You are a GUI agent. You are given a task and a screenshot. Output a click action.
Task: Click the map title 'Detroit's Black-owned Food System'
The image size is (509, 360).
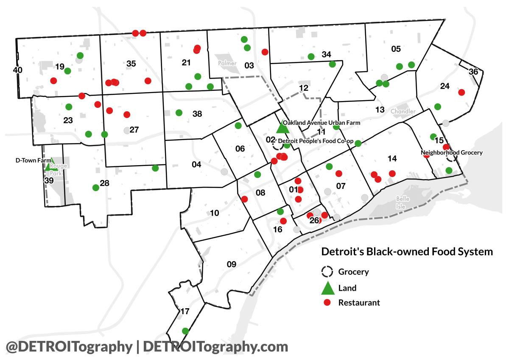coord(407,252)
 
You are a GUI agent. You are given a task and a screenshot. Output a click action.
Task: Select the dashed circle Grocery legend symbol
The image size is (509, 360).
coord(327,272)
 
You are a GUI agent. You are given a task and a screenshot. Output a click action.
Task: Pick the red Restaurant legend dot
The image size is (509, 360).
coord(327,303)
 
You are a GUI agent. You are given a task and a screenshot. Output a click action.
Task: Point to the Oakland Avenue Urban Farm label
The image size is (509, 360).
coord(322,123)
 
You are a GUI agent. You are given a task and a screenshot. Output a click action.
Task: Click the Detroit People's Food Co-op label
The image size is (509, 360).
coord(316,141)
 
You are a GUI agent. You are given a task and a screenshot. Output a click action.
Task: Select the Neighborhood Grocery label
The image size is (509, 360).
coord(451,152)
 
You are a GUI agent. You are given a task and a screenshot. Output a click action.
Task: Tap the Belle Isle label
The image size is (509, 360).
coord(402,202)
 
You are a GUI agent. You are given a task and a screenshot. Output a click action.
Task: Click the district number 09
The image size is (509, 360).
coord(231,264)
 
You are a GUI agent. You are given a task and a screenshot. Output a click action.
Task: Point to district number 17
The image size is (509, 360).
coord(185,311)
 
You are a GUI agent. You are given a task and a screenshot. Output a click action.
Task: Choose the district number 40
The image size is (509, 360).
coord(17,70)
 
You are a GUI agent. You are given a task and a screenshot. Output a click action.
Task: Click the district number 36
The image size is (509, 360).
coord(473,72)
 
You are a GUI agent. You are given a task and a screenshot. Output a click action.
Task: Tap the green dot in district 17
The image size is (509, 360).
coord(185,331)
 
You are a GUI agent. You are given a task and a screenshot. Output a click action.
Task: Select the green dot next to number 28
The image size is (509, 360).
coord(95,188)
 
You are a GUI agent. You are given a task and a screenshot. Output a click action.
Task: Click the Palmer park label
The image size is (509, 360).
coord(227,63)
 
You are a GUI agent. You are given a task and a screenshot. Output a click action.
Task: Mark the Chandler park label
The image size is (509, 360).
coord(403,111)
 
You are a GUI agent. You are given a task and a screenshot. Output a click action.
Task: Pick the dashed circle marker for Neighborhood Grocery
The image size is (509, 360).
coord(451,158)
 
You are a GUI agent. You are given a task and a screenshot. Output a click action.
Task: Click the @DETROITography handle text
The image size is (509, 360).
coord(69,347)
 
